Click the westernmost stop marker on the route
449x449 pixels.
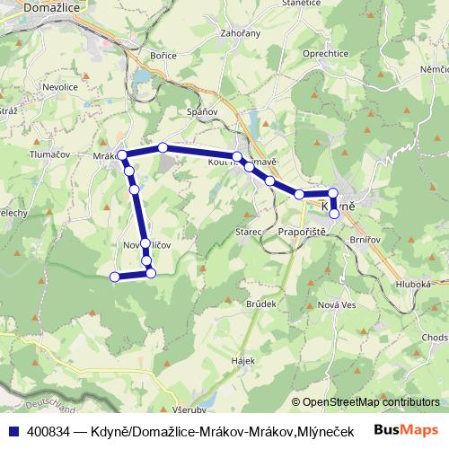[114, 277]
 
